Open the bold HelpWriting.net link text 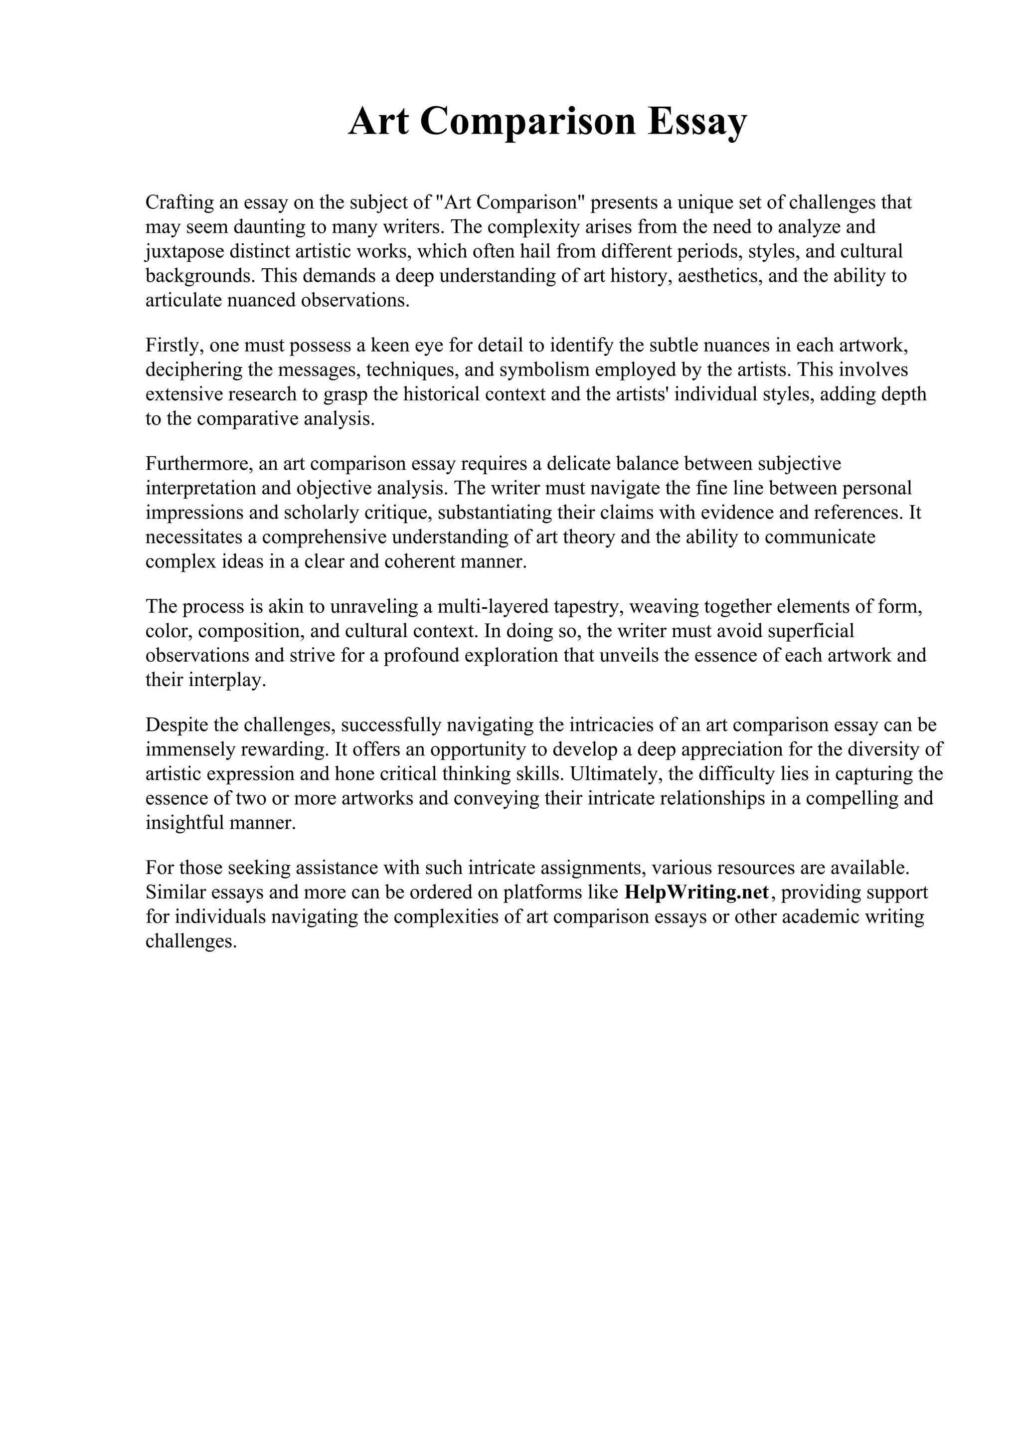696,893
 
